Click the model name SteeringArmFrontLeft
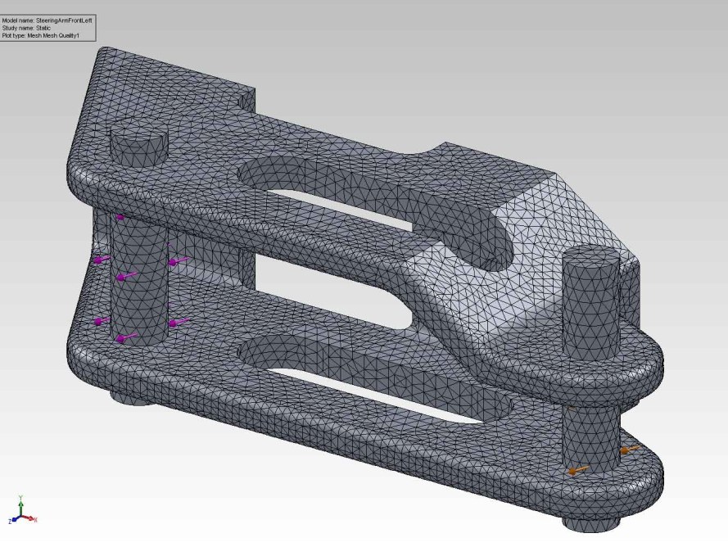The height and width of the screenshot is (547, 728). tap(64, 20)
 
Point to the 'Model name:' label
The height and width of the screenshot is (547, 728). tap(19, 20)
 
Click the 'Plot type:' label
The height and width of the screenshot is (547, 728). tap(16, 36)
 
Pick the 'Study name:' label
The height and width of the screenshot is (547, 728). tap(19, 28)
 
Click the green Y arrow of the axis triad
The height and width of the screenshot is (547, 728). tap(20, 501)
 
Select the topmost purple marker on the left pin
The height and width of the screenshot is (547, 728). tap(120, 217)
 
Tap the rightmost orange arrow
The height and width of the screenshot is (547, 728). tap(628, 450)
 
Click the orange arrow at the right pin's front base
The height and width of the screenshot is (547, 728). tap(577, 471)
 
